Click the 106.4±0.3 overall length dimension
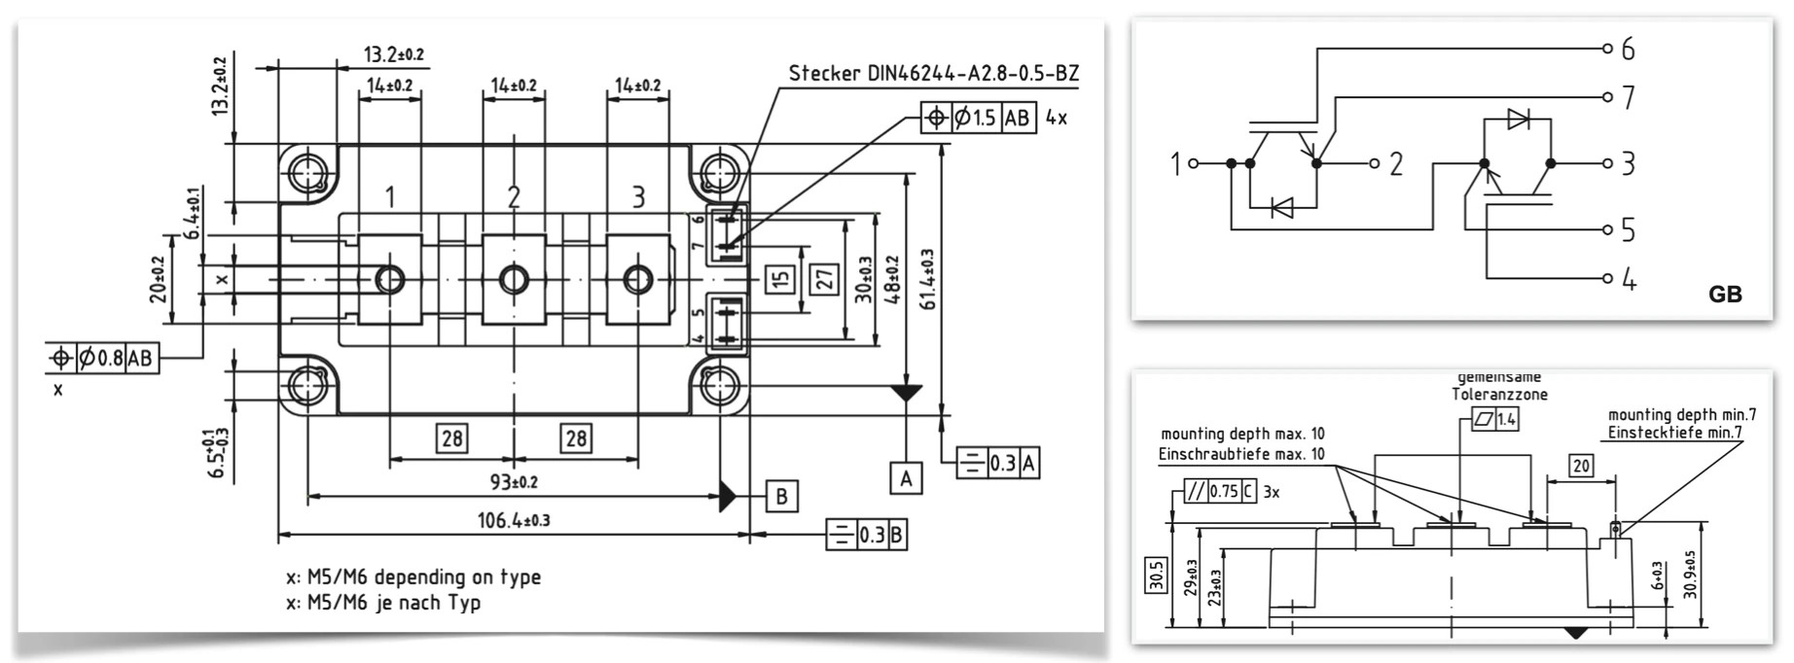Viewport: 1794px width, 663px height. click(x=514, y=520)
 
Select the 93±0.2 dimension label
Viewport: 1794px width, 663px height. click(x=514, y=481)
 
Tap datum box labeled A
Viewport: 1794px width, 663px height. click(x=906, y=478)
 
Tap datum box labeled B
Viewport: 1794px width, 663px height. click(x=781, y=497)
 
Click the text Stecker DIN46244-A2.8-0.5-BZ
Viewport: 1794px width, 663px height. click(x=933, y=74)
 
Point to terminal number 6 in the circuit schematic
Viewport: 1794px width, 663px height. click(x=1628, y=49)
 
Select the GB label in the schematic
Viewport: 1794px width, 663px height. click(x=1725, y=295)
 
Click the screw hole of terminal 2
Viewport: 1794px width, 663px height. click(x=514, y=280)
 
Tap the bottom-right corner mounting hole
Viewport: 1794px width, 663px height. click(x=721, y=385)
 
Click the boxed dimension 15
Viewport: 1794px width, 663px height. click(x=780, y=280)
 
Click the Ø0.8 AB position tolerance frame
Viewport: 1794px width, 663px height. click(x=102, y=359)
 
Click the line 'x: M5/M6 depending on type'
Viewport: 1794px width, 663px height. click(x=413, y=576)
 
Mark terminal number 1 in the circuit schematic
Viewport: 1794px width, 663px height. click(x=1175, y=164)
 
